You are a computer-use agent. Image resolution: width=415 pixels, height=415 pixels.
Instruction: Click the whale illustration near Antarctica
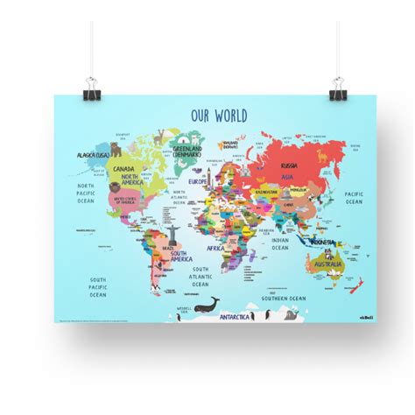[209, 305]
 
